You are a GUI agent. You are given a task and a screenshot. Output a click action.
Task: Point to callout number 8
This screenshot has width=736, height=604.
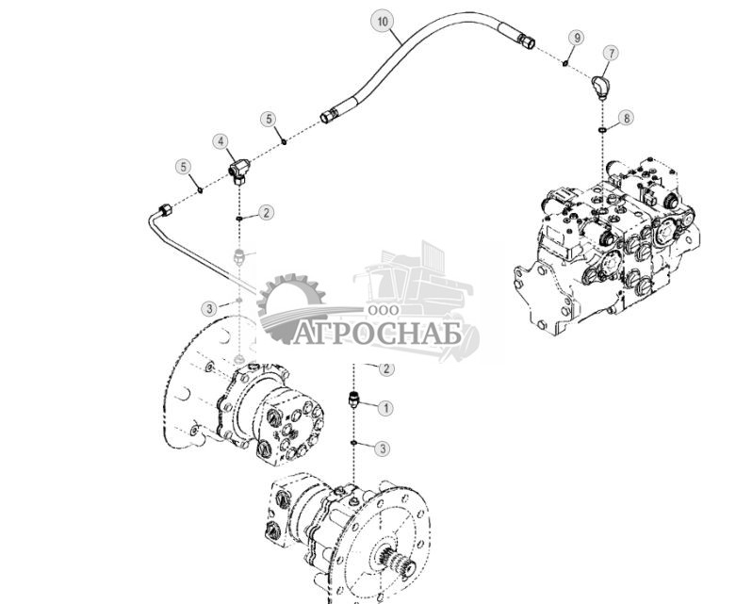(x=626, y=119)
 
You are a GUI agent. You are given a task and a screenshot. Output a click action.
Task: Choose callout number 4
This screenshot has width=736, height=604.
(x=221, y=141)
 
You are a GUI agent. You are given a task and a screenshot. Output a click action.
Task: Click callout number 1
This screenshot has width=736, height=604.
(x=385, y=408)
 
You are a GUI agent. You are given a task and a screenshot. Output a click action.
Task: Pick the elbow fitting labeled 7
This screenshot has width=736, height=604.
(x=601, y=87)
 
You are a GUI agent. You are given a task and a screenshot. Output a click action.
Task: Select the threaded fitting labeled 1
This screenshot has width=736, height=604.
(x=355, y=400)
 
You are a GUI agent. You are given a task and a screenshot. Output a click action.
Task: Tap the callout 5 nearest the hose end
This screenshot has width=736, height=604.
(x=270, y=120)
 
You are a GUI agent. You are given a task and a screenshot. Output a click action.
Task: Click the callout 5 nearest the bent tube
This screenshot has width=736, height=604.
(x=183, y=167)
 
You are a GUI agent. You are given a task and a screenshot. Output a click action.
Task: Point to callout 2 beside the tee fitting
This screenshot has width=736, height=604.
(x=267, y=213)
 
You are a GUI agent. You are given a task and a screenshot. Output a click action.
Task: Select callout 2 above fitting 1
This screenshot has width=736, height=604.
(x=385, y=369)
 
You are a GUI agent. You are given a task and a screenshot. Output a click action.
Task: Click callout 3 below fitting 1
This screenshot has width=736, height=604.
(x=381, y=449)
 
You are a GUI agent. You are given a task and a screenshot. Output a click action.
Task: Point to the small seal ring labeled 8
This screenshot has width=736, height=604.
(x=601, y=129)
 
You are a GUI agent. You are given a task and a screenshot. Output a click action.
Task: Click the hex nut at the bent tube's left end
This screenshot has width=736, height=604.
(x=162, y=209)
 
